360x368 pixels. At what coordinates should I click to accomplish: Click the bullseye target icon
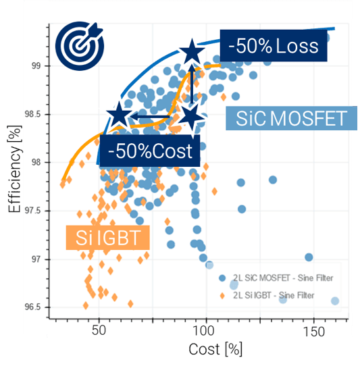(80, 46)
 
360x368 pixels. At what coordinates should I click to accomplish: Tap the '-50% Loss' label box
(274, 46)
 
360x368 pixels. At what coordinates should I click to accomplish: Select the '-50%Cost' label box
(150, 151)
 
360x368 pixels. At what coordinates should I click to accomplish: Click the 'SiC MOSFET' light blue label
(291, 118)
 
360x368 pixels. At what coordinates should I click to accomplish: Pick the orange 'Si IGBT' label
(108, 238)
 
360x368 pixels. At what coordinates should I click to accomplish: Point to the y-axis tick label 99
(36, 65)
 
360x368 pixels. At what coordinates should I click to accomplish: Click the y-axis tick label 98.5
(32, 114)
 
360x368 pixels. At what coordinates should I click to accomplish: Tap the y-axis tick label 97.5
(32, 211)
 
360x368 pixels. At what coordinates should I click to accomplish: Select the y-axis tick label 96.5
(32, 307)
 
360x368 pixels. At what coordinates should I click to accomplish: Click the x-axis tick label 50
(99, 330)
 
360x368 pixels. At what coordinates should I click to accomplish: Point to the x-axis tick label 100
(203, 330)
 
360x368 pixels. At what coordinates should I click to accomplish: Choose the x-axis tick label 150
(314, 332)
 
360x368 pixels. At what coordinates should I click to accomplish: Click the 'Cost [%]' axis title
(215, 349)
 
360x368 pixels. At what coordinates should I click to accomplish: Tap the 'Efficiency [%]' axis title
(15, 169)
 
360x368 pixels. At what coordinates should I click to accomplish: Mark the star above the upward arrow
(192, 51)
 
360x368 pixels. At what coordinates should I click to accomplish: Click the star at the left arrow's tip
(119, 115)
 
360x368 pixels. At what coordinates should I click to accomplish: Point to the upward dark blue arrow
(192, 84)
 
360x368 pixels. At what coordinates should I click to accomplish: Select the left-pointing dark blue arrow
(150, 116)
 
